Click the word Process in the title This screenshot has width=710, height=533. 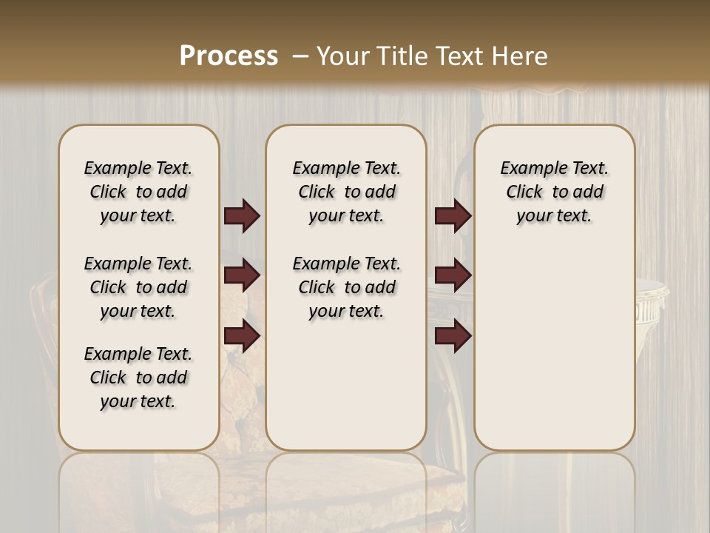[x=229, y=56]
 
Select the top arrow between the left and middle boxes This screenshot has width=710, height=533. [x=242, y=215]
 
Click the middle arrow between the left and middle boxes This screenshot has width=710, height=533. [x=242, y=275]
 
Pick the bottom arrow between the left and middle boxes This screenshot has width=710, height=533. [x=242, y=336]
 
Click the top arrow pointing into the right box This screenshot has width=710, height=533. [x=453, y=215]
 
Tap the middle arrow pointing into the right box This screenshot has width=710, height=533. [x=453, y=275]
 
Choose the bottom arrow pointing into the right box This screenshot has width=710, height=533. [x=453, y=336]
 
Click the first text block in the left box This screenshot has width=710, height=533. [x=138, y=192]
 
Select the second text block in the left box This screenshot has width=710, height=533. [x=138, y=287]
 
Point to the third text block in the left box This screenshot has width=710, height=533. [x=138, y=378]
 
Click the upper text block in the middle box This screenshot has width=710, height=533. [x=346, y=192]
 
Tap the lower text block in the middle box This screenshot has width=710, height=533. [x=346, y=287]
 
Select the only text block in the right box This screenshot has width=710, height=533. [x=554, y=192]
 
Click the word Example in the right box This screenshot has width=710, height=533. [x=529, y=169]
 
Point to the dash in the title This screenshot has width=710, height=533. [x=300, y=56]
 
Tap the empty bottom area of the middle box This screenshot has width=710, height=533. [x=346, y=392]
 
